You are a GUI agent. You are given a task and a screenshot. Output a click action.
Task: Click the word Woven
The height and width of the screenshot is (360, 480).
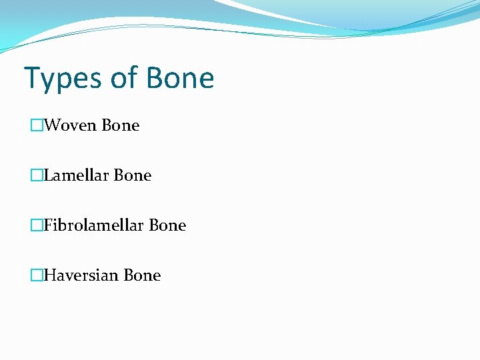pyautogui.click(x=70, y=125)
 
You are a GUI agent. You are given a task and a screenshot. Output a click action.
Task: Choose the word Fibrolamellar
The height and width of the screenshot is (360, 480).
pyautogui.click(x=94, y=225)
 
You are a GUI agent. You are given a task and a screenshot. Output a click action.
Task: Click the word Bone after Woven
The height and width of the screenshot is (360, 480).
pyautogui.click(x=121, y=125)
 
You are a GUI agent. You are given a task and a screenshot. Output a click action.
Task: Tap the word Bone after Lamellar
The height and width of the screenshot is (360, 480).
pyautogui.click(x=133, y=175)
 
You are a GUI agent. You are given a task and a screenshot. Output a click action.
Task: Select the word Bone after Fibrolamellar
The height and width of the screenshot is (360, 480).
pyautogui.click(x=167, y=225)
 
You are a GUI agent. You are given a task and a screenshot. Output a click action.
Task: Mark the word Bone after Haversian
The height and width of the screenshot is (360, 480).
pyautogui.click(x=142, y=275)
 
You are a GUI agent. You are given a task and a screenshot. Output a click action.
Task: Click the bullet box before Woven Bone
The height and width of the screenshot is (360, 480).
pyautogui.click(x=36, y=125)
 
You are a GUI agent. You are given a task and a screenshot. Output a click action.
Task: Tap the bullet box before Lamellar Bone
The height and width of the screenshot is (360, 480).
pyautogui.click(x=36, y=175)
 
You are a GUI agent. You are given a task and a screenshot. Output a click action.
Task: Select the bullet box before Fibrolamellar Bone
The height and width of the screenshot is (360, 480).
pyautogui.click(x=36, y=225)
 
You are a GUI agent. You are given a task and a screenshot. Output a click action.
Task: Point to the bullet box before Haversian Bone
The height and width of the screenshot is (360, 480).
pyautogui.click(x=36, y=275)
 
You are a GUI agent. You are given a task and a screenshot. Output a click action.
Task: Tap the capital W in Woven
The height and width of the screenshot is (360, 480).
pyautogui.click(x=50, y=125)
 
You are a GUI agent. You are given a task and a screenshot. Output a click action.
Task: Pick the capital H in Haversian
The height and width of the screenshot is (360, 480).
pyautogui.click(x=49, y=275)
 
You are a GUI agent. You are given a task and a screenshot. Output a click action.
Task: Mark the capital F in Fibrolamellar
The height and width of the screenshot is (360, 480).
pyautogui.click(x=47, y=225)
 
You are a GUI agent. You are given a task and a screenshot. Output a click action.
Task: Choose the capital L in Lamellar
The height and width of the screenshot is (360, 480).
pyautogui.click(x=47, y=175)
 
